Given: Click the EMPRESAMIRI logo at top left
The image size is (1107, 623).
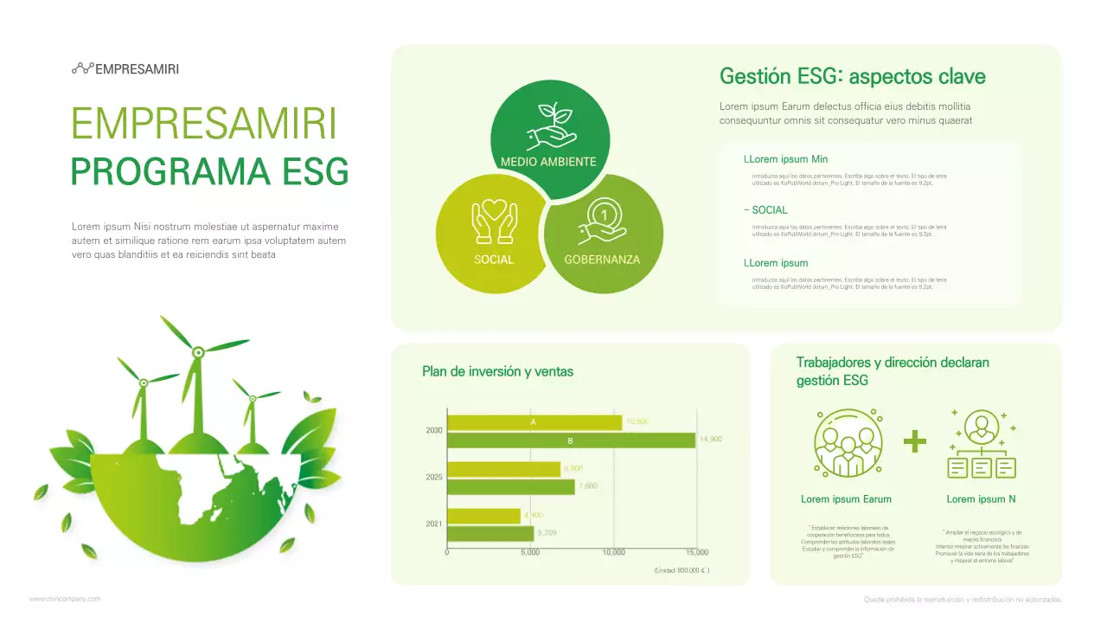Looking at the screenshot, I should pos(125,69).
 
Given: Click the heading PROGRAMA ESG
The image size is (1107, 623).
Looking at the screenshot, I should pos(209,172).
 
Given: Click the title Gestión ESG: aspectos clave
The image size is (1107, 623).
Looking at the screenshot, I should pos(852,76).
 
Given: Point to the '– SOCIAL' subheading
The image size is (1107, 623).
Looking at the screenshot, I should pos(765,210).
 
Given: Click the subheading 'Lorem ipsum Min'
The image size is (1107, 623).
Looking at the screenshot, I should pos(785,159).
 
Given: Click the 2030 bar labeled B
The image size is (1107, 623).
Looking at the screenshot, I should pos(571,440).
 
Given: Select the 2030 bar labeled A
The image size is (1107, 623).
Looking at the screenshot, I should pos(534,422).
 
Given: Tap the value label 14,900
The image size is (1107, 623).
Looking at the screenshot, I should pos(710,440).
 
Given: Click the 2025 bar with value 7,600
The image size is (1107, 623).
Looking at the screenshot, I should pos(510,486).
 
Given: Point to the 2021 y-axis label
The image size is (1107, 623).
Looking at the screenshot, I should pos(434,523).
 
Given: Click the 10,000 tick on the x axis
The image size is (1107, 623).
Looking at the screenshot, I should pos(613,552).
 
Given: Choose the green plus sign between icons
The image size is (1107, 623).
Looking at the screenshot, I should pos(914,442).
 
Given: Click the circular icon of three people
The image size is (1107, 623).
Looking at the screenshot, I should pos(848,442).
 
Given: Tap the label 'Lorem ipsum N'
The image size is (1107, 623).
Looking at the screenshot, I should pos(981,499).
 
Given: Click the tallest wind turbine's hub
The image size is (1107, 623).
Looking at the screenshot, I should pos(197,351).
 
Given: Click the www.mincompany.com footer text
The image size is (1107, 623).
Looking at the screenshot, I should pos(65,599).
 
